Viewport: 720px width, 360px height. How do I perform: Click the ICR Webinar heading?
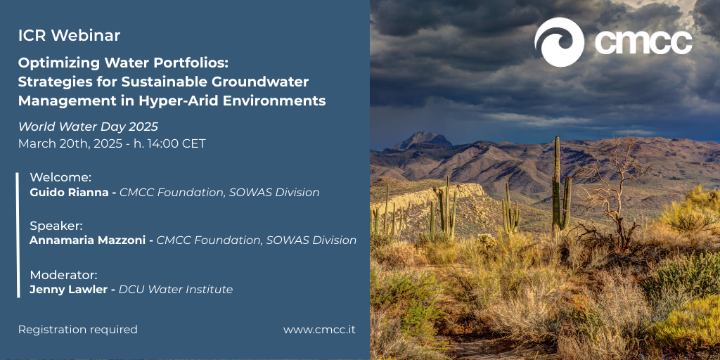tap(70, 35)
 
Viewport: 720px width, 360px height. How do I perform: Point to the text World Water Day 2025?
tap(88, 127)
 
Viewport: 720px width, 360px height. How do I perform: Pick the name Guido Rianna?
tap(68, 193)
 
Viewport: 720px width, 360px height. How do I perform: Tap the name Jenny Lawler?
tap(67, 290)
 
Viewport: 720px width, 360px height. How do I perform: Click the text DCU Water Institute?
tap(176, 289)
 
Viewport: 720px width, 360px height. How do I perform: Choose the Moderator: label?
tap(64, 275)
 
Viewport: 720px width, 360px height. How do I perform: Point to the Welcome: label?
tap(60, 177)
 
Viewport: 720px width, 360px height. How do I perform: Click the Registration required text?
tap(78, 330)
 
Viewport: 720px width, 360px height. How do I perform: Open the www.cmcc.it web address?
tap(320, 330)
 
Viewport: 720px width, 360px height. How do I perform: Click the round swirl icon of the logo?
tap(559, 42)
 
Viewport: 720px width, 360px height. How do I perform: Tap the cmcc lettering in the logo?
tap(644, 43)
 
